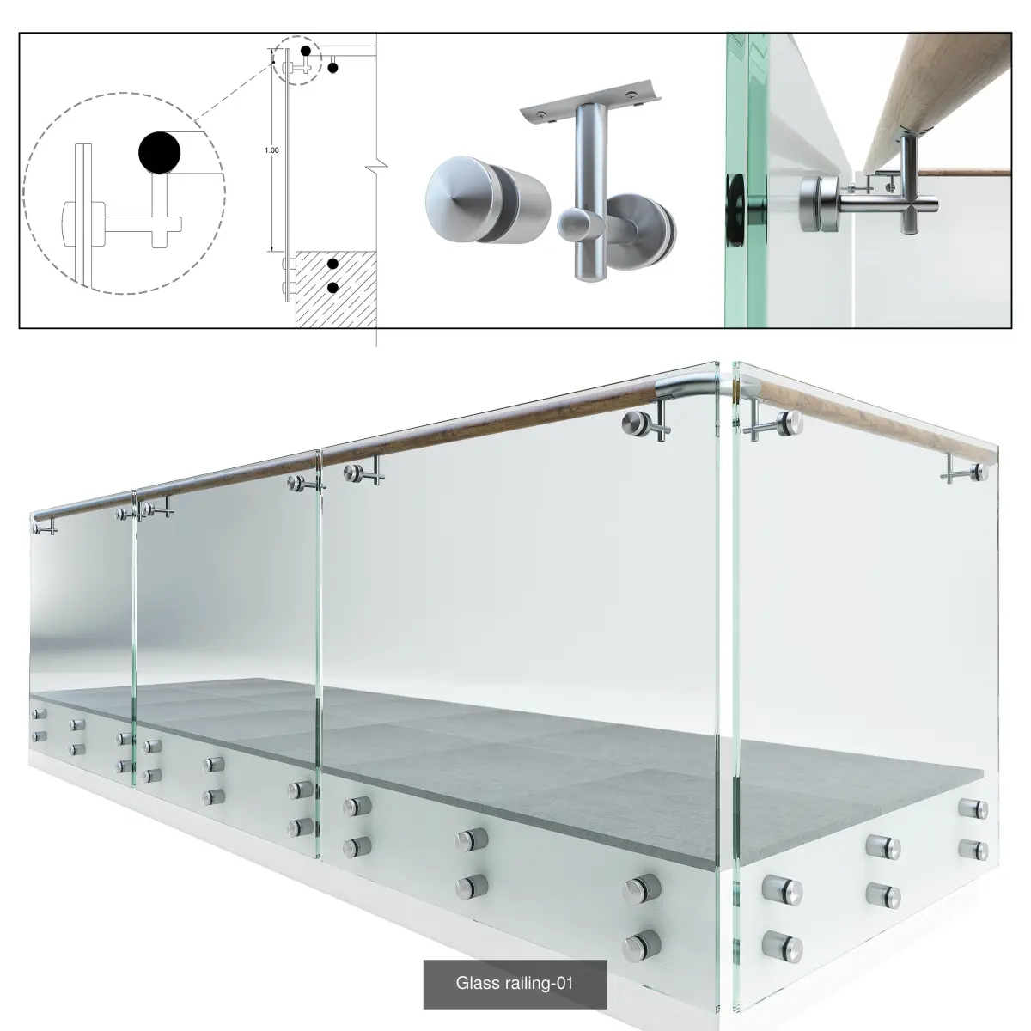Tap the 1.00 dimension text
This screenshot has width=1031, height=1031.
coord(271,150)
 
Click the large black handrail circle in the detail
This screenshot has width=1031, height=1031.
coord(160,152)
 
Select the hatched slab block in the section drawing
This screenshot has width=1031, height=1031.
coord(336,289)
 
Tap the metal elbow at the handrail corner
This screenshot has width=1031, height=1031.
coord(692,387)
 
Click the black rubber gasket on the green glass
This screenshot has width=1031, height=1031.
coord(735,210)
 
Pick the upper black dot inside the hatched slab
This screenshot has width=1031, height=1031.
coord(332,264)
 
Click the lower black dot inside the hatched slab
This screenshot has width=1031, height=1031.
coord(332,288)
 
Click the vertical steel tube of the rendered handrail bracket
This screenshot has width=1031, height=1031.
coord(588,187)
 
